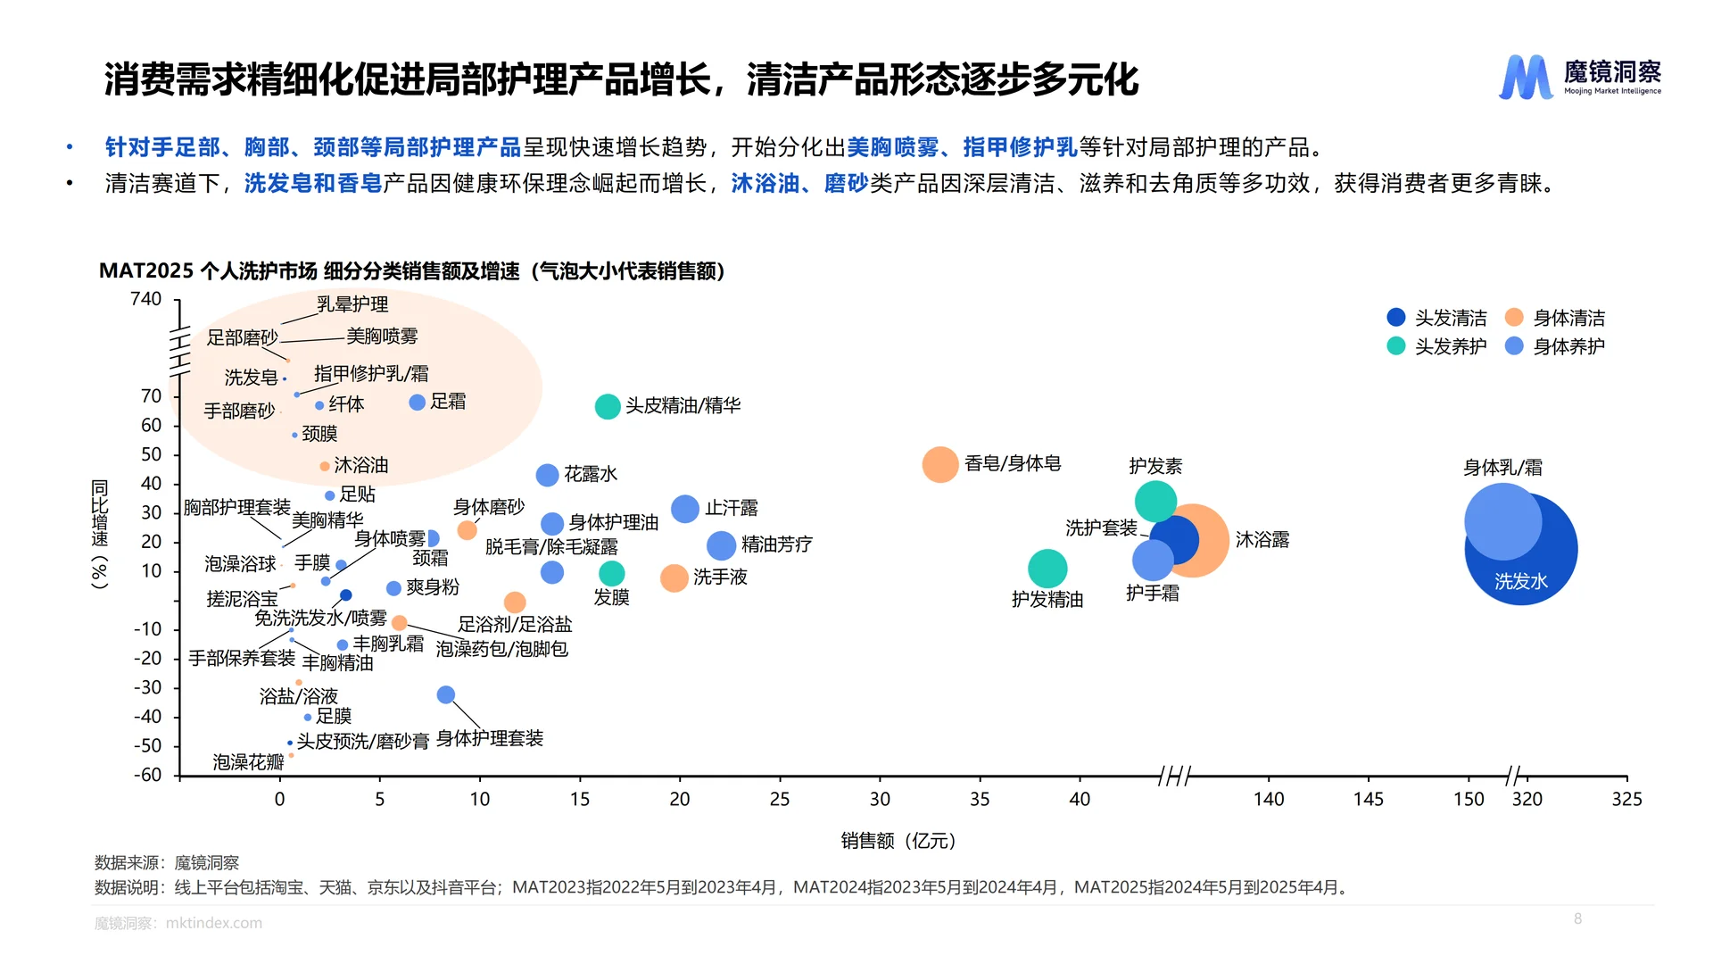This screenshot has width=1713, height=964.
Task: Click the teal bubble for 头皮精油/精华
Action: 608,406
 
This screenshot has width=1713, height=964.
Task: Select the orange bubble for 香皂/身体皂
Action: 939,464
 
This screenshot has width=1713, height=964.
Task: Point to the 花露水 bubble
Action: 547,475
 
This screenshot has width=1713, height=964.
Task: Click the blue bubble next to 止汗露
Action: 684,509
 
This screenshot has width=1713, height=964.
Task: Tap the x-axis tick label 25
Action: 780,800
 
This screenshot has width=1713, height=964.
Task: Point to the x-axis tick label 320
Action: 1527,800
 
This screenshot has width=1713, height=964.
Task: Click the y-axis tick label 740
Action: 145,300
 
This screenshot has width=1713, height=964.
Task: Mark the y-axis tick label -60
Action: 148,775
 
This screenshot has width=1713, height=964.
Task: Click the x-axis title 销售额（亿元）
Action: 898,841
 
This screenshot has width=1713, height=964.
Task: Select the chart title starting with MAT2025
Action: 411,271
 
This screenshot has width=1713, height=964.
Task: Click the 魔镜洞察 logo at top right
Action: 1579,77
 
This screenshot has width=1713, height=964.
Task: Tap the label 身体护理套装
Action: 490,739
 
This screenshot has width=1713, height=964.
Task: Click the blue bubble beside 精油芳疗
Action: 721,544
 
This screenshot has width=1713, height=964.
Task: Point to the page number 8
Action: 1577,918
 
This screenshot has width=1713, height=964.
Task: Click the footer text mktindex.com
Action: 214,923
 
